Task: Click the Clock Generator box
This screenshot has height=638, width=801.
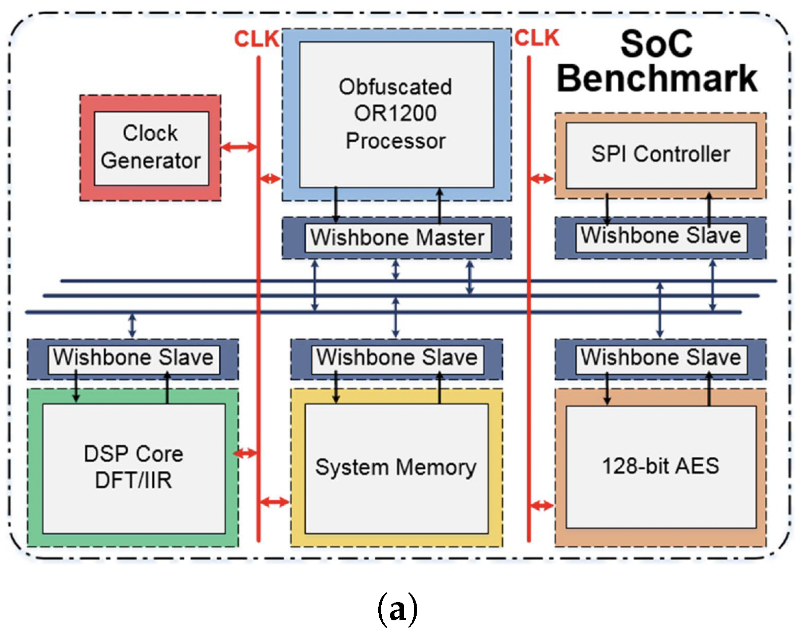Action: (x=151, y=147)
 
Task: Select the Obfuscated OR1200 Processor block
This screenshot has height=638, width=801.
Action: (x=396, y=114)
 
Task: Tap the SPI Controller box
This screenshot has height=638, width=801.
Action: (x=660, y=154)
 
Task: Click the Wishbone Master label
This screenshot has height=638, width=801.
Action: (x=397, y=237)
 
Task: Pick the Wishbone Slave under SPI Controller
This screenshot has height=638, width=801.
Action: (x=660, y=236)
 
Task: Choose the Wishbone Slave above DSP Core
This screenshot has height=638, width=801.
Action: (x=133, y=358)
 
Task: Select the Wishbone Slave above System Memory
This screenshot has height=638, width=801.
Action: (x=397, y=358)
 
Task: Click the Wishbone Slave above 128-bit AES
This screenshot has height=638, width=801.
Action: (x=660, y=358)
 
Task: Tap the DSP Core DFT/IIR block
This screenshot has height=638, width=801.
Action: (x=134, y=467)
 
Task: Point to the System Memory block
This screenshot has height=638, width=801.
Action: (x=396, y=467)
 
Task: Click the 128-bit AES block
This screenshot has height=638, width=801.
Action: (x=660, y=466)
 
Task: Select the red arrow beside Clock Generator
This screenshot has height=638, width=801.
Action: (x=239, y=147)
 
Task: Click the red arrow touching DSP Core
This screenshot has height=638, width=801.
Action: (x=246, y=453)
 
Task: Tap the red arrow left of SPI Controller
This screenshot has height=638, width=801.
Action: (x=541, y=178)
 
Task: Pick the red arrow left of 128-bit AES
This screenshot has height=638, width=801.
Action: (x=541, y=505)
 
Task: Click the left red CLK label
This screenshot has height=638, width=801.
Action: (x=256, y=39)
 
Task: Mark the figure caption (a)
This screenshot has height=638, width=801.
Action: (x=397, y=609)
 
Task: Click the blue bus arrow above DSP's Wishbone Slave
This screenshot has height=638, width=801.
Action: (x=132, y=326)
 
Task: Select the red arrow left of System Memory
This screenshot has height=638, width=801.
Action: (x=274, y=502)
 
